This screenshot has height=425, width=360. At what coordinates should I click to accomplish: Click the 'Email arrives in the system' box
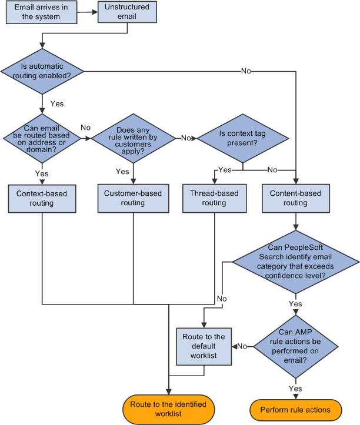pyautogui.click(x=41, y=12)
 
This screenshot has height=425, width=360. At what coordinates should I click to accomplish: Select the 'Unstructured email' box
pyautogui.click(x=128, y=12)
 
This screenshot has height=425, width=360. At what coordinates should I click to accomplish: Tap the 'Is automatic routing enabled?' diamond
pyautogui.click(x=42, y=71)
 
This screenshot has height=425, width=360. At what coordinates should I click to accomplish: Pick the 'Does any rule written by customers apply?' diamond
pyautogui.click(x=134, y=139)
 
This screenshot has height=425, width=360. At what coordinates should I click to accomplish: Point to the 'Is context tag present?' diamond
pyautogui.click(x=242, y=139)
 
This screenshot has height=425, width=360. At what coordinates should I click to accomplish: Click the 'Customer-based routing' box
pyautogui.click(x=133, y=198)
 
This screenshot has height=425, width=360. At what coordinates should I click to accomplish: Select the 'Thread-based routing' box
pyautogui.click(x=214, y=198)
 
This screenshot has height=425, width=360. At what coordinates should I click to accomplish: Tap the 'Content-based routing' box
pyautogui.click(x=295, y=198)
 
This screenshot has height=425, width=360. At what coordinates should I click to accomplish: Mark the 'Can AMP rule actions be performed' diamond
pyautogui.click(x=295, y=347)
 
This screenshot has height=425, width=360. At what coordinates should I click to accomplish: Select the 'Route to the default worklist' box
pyautogui.click(x=203, y=346)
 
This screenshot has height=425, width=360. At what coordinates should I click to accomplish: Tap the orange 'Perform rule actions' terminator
pyautogui.click(x=295, y=410)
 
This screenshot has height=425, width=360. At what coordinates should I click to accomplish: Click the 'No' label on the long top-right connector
pyautogui.click(x=246, y=71)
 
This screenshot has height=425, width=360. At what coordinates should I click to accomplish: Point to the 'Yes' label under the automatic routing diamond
pyautogui.click(x=57, y=103)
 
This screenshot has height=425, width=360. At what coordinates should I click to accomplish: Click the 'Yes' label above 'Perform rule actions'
pyautogui.click(x=295, y=389)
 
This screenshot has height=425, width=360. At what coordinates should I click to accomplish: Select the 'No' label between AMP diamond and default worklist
pyautogui.click(x=241, y=347)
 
